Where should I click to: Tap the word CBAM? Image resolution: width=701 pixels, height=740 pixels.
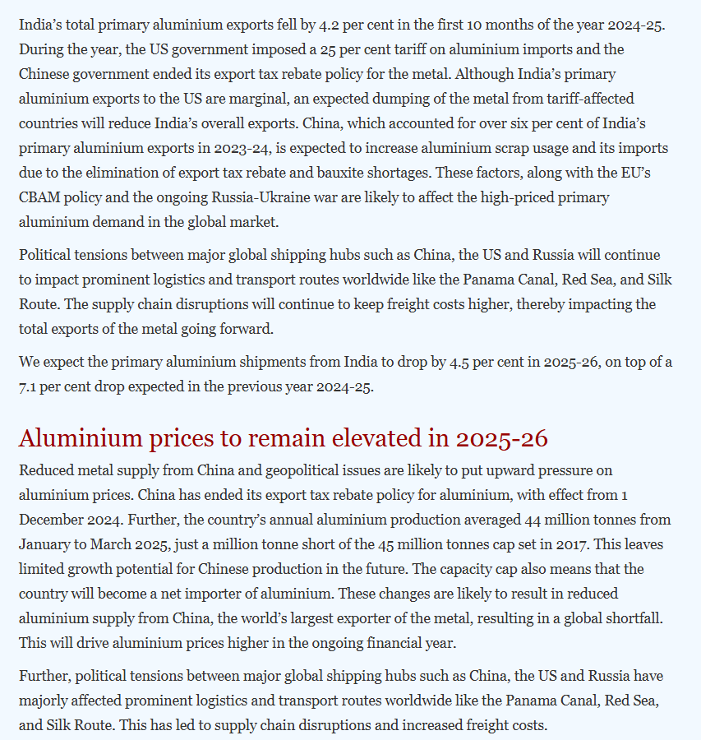39,197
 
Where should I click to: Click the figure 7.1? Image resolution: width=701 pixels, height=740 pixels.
30,386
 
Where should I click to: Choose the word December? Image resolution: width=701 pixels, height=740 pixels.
52,520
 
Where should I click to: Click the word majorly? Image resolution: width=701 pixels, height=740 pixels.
47,701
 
